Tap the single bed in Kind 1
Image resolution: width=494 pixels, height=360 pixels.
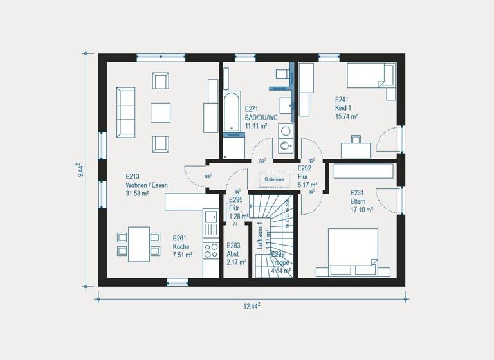(x=370, y=78)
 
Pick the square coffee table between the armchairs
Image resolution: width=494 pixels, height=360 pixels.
(x=160, y=113)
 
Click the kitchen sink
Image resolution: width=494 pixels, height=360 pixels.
(x=211, y=222)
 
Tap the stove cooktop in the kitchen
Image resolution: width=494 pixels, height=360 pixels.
(x=211, y=249)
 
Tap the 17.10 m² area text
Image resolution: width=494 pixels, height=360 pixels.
(x=361, y=210)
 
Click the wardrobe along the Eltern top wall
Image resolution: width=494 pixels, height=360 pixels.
(x=363, y=171)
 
